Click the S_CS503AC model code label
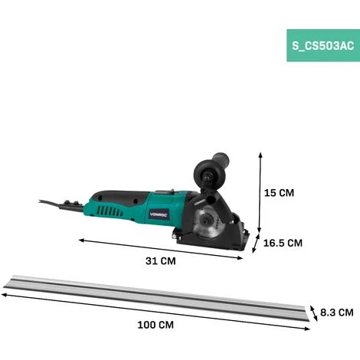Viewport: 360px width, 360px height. (323, 46)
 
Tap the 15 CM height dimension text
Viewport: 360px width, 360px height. (279, 193)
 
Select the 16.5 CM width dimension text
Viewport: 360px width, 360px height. (283, 243)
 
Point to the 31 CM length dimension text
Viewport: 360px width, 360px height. (161, 261)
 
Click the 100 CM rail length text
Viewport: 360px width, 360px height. (155, 325)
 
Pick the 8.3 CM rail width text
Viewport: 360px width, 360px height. (337, 313)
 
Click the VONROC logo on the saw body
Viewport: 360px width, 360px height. (159, 214)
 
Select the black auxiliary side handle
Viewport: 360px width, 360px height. (211, 169)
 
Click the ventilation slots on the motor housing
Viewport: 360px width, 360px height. (110, 211)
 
